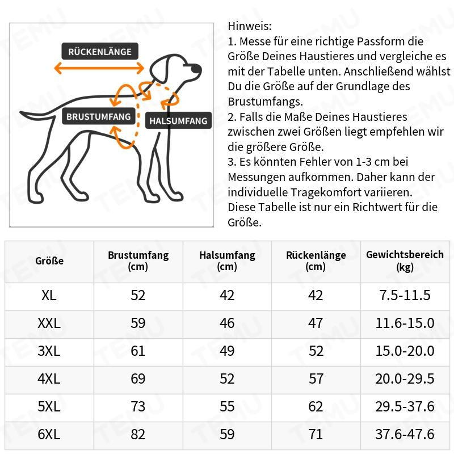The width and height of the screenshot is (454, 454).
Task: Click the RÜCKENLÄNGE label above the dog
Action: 99,52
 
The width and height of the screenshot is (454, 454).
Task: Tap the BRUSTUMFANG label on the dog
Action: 99,117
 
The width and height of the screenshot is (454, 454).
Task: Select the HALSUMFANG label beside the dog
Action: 178,121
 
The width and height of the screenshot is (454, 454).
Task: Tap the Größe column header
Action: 49,261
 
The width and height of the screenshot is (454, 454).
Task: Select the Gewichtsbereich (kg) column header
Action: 405,261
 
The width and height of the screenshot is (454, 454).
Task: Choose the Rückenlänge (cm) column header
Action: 316,261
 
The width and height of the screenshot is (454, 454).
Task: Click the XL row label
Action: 49,295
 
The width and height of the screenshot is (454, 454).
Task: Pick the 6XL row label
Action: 49,435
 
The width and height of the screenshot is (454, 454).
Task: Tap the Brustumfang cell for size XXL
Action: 138,323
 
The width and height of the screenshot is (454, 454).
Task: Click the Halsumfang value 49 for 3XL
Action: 227,351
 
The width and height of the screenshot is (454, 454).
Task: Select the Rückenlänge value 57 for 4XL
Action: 316,379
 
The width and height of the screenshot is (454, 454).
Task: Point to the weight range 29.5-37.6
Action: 405,407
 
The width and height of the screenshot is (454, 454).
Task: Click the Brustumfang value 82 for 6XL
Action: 138,435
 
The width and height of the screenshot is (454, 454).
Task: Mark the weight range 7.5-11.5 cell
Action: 405,295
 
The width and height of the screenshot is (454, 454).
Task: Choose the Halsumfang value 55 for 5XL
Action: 227,407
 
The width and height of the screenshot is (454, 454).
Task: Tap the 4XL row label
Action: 49,379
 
